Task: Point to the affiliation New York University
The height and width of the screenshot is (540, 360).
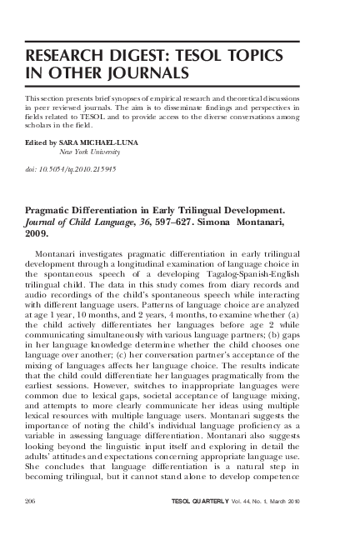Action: [92, 152]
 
